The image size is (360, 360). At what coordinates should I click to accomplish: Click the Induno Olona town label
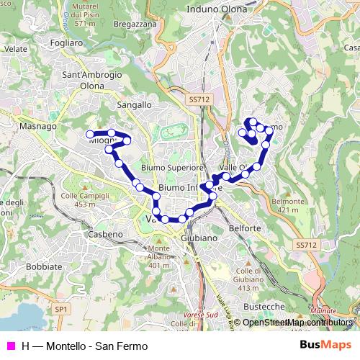click(217, 9)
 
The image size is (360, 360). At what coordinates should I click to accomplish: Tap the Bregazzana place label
click(135, 24)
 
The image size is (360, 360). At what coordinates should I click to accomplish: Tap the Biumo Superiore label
click(173, 167)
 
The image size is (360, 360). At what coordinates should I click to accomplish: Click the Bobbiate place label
click(44, 266)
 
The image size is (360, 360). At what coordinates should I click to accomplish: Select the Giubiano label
click(199, 238)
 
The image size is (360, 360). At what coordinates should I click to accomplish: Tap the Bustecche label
click(264, 306)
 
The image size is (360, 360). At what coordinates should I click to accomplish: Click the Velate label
click(15, 48)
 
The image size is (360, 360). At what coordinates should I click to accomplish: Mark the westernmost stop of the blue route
click(90, 134)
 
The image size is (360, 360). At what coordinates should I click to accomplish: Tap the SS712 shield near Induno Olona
click(199, 99)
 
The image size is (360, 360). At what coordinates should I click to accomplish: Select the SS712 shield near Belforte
click(306, 245)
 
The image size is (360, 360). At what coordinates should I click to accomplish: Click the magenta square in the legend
click(11, 346)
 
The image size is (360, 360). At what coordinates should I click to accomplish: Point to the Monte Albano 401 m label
click(159, 257)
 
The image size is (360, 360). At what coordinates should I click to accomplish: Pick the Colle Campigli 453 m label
click(79, 200)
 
